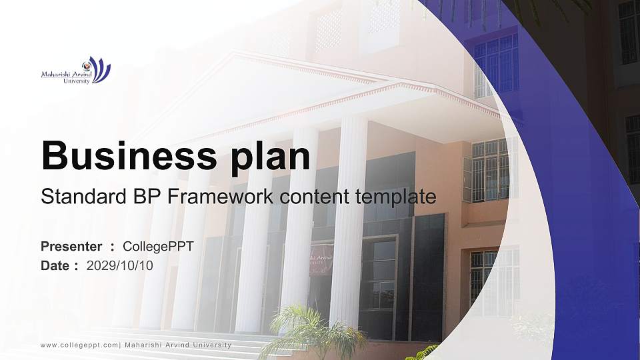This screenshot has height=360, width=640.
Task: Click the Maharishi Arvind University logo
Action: [75, 71]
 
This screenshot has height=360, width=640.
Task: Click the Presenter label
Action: [71, 247]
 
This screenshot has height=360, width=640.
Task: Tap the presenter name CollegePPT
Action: [158, 247]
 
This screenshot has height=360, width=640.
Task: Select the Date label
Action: [55, 266]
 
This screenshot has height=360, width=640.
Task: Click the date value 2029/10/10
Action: [120, 266]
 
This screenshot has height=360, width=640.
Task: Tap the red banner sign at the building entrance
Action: [321, 259]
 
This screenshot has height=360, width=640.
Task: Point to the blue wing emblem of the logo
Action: [101, 69]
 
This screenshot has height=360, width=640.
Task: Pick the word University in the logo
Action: [76, 81]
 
